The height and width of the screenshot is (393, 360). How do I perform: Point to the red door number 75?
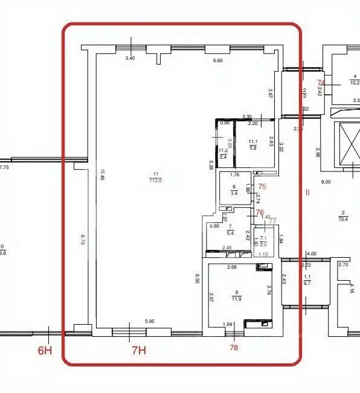point(262,187)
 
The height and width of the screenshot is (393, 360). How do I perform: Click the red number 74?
point(321,83)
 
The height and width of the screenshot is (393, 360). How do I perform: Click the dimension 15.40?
point(104,177)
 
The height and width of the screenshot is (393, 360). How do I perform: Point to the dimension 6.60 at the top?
point(218,60)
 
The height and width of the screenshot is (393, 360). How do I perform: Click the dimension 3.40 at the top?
point(130,59)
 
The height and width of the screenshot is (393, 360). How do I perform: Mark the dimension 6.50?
point(197,278)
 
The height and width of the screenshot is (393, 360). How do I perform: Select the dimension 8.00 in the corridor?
point(326,181)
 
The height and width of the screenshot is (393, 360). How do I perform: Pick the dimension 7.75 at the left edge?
point(5,167)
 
